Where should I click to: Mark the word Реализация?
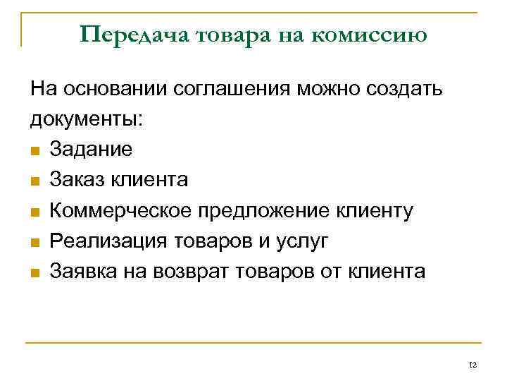(105, 241)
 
